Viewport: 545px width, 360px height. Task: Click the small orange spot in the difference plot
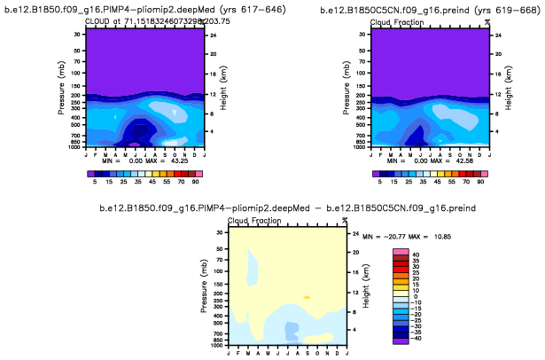(x=307, y=297)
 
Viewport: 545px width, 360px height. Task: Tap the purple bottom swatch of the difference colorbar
(x=401, y=339)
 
